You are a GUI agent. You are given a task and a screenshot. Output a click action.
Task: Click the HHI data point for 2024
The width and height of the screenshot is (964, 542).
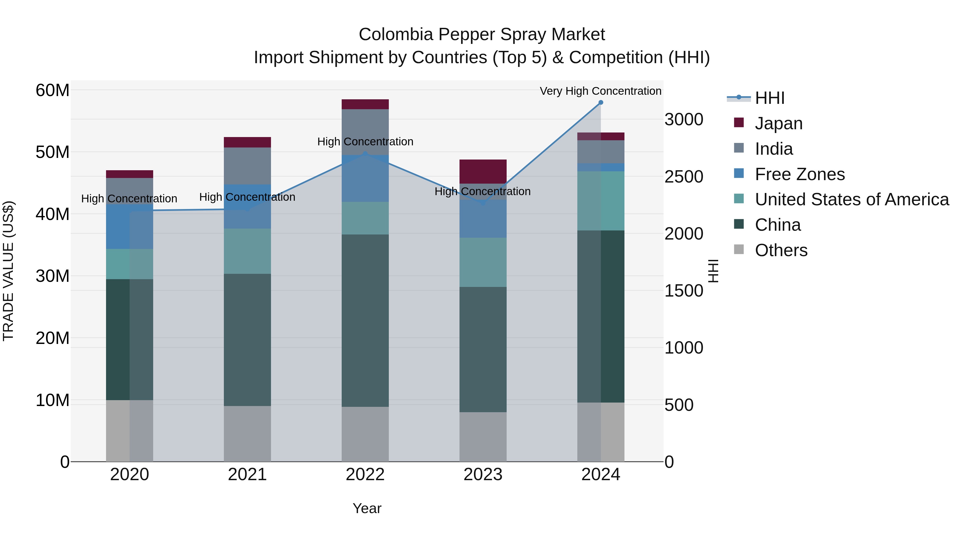(x=601, y=103)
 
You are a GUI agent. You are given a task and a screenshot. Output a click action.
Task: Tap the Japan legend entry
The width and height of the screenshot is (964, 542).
(x=778, y=123)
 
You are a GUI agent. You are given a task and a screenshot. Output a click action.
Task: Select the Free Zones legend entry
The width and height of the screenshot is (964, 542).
(x=799, y=174)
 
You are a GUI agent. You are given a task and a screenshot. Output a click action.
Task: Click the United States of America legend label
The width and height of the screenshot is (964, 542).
(x=852, y=199)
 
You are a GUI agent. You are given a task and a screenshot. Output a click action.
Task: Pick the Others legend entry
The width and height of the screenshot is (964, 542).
(x=781, y=250)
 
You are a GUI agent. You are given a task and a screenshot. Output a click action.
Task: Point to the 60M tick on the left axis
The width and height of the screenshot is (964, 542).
(x=52, y=90)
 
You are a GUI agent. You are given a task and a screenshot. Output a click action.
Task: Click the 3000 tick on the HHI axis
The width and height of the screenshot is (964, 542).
(x=684, y=120)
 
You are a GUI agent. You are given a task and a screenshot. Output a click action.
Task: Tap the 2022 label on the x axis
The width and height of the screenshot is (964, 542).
(x=365, y=475)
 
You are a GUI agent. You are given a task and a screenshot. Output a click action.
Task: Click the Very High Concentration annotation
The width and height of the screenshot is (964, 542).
(x=600, y=91)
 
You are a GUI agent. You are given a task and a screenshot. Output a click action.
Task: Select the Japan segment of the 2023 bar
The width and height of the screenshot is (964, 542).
(x=483, y=171)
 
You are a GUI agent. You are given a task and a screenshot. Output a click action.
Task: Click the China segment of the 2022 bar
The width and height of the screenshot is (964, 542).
(x=365, y=321)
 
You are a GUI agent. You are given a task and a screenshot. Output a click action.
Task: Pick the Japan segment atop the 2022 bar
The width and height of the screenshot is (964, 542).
(x=365, y=104)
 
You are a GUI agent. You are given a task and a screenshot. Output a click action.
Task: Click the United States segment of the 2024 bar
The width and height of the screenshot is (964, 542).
(x=601, y=201)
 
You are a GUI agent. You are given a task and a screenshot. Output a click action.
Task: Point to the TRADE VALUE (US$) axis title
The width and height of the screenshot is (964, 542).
(x=8, y=271)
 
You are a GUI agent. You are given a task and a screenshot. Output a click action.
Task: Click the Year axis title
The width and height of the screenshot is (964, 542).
(x=367, y=508)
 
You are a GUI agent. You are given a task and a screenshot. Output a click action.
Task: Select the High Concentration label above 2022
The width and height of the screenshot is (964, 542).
(x=365, y=142)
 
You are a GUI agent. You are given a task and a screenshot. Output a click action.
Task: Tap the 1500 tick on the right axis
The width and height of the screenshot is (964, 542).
(x=684, y=291)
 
